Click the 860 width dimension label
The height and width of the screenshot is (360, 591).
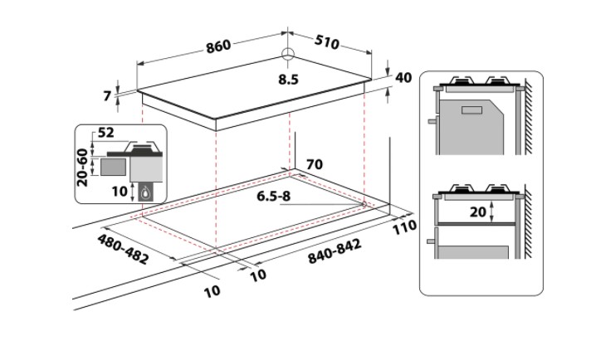click(x=218, y=46)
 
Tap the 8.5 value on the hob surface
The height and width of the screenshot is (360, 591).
click(x=288, y=80)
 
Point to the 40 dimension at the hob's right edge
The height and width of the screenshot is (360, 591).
click(x=404, y=77)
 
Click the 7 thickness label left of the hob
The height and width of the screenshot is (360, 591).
click(x=107, y=96)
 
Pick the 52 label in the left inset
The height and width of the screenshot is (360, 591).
click(x=106, y=134)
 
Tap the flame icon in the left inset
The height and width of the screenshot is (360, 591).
click(x=146, y=192)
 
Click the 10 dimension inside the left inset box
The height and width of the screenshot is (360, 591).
click(x=120, y=190)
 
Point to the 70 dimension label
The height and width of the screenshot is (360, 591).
click(x=314, y=164)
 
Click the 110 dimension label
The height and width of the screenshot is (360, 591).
click(x=405, y=227)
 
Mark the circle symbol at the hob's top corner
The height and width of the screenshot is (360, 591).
click(x=287, y=56)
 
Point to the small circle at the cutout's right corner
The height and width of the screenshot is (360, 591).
click(x=364, y=203)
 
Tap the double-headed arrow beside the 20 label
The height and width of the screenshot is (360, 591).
click(x=494, y=211)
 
